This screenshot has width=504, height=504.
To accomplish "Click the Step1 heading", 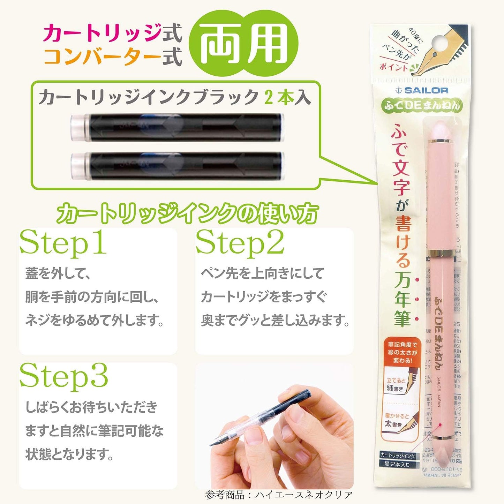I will click(x=63, y=243).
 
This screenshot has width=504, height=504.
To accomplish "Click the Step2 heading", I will click(x=240, y=243).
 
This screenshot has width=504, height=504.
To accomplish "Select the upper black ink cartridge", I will click(x=177, y=127).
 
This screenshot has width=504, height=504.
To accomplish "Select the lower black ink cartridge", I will click(x=177, y=166).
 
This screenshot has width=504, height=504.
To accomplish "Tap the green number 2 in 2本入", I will click(x=268, y=97).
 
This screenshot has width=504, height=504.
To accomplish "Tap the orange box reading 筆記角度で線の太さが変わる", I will click(x=403, y=352).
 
